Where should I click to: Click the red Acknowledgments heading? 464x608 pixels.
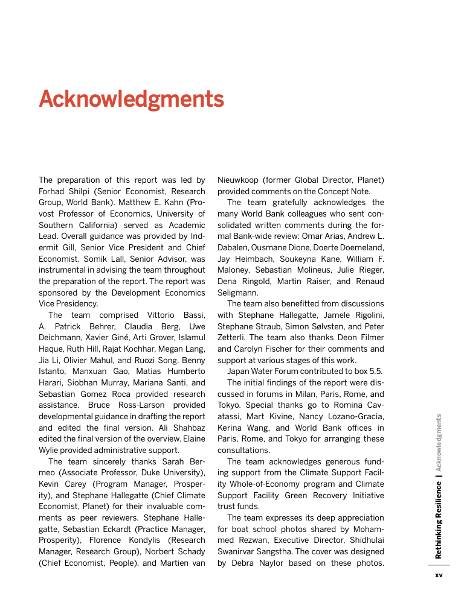(131, 99)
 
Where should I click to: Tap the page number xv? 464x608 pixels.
(439, 575)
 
